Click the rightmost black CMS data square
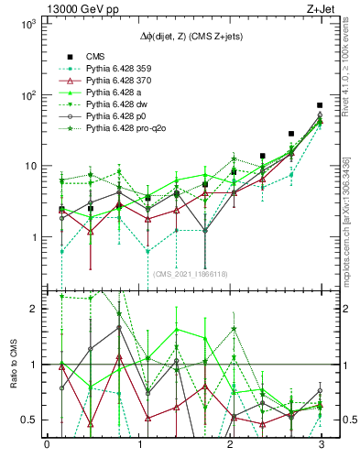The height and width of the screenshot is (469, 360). point(320,105)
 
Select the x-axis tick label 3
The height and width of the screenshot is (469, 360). point(320,445)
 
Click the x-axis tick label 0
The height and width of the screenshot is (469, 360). point(47,445)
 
